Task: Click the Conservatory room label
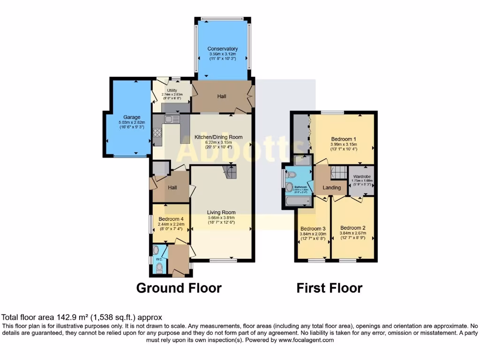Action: point(223,49)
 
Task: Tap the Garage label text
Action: point(132,117)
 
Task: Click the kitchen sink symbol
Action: point(172,119)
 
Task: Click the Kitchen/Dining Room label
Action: point(218,137)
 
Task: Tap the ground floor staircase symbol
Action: point(230,172)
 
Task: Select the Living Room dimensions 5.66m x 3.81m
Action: point(221,217)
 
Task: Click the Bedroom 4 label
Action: point(171,219)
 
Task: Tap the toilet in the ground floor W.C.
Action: point(159,268)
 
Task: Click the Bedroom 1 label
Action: point(344,139)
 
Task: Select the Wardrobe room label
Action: point(362,176)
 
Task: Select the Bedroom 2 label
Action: point(352,229)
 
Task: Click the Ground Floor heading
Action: point(179,287)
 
